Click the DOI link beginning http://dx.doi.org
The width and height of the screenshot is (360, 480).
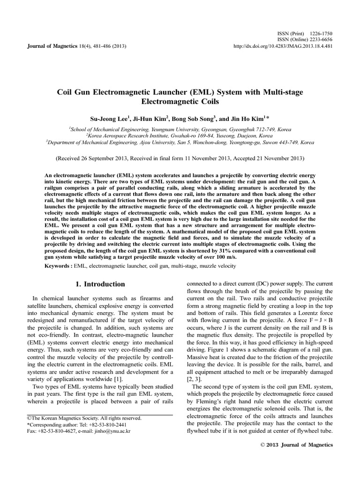283,46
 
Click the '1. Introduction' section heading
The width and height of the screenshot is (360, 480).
100,284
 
